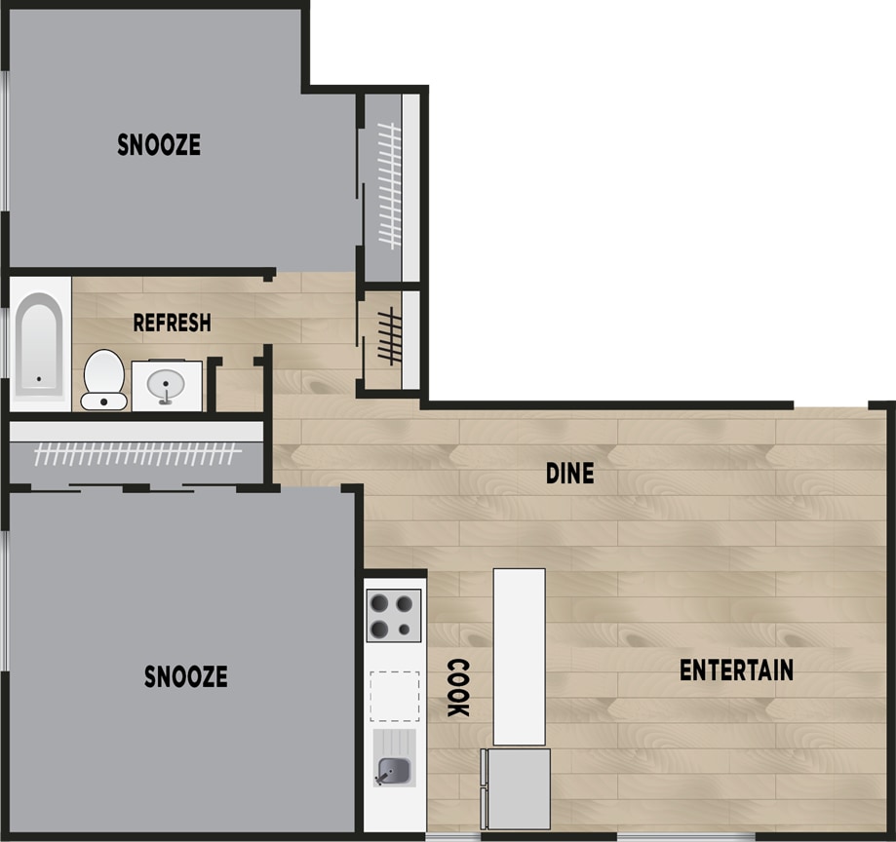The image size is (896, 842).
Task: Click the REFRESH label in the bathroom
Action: point(172,323)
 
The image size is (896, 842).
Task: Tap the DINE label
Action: point(569,473)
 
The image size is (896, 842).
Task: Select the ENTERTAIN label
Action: point(736,670)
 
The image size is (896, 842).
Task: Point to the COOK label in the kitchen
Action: point(457,687)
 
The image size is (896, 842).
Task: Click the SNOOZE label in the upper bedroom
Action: point(159,144)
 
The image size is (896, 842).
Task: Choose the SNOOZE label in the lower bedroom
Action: point(185,676)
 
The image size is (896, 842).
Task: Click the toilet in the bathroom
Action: point(103,380)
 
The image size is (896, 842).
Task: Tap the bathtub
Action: point(39,344)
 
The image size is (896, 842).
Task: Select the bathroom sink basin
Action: point(166,385)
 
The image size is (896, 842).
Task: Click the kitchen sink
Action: point(394,772)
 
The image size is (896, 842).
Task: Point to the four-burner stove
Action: point(394,615)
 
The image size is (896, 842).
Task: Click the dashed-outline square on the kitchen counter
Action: point(394,697)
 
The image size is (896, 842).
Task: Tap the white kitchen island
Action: point(519,656)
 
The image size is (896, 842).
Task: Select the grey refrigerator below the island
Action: point(517,788)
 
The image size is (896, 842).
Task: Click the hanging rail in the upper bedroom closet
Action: point(390,186)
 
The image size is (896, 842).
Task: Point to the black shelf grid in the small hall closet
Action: point(390,336)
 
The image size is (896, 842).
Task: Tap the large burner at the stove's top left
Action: point(379,604)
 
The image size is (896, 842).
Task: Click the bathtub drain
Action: point(39,379)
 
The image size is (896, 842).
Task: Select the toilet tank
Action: point(103,401)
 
